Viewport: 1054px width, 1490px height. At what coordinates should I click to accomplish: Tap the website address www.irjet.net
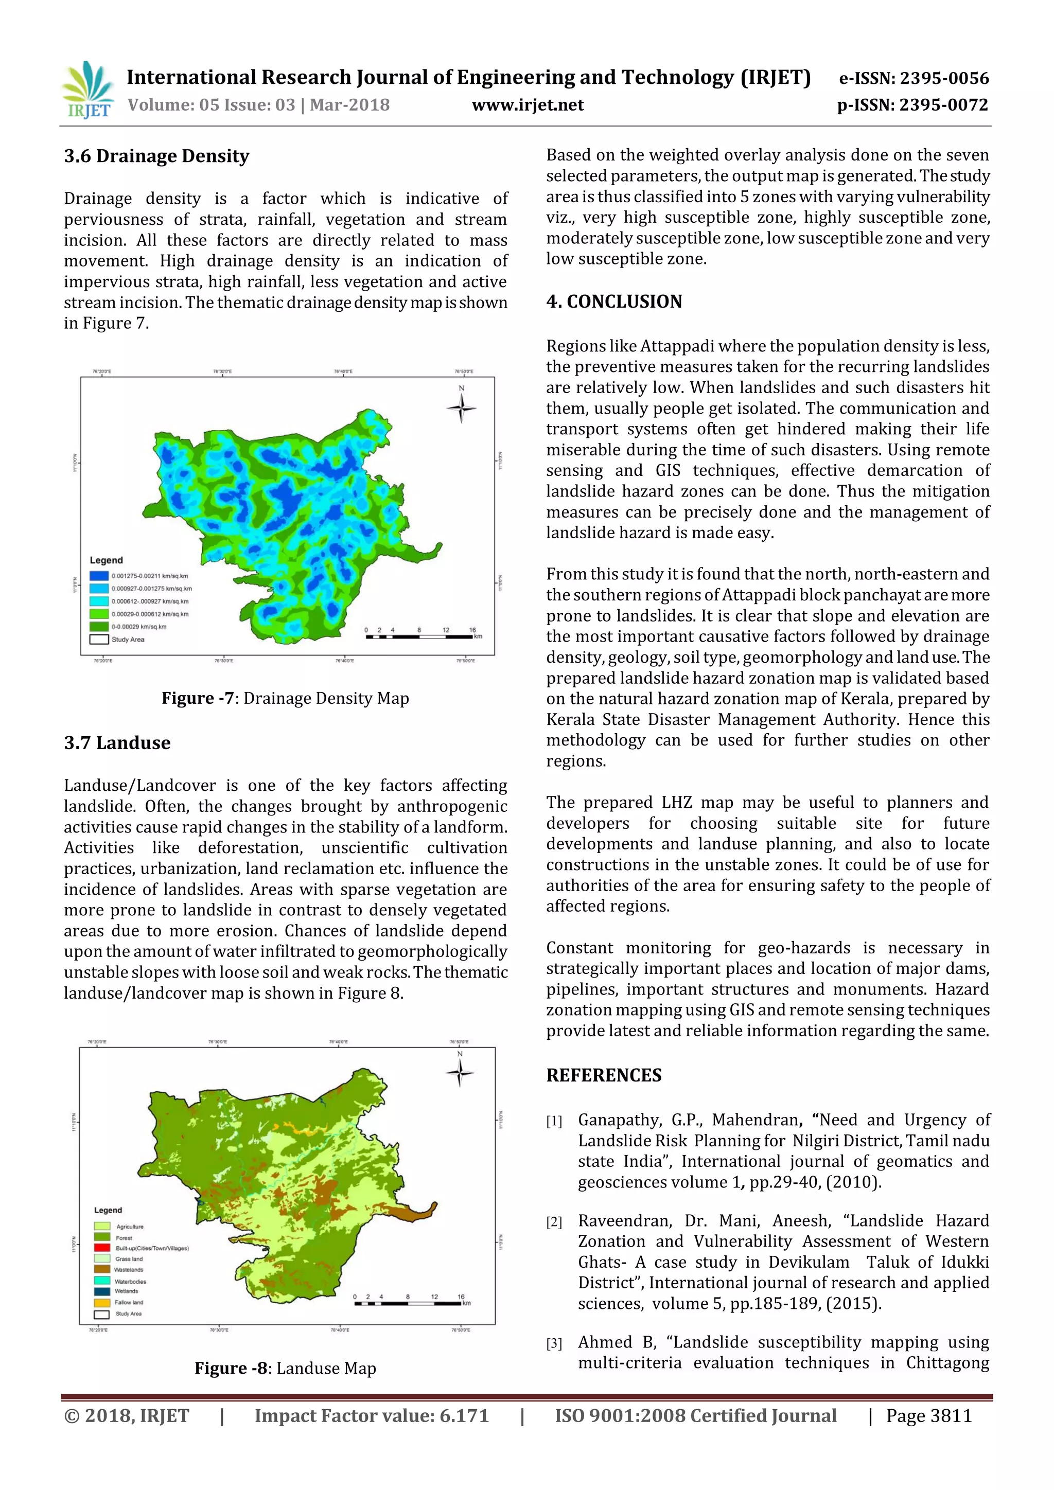528,105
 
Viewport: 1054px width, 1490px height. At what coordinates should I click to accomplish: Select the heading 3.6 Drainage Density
156,156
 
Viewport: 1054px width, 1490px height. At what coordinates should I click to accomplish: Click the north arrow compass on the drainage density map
462,407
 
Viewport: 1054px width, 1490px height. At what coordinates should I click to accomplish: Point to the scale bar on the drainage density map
419,636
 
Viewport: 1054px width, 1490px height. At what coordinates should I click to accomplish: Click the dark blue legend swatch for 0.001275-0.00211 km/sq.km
99,576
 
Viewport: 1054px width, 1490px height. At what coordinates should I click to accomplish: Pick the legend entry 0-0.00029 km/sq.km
138,627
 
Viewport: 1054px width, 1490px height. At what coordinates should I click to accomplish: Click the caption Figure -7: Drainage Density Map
285,698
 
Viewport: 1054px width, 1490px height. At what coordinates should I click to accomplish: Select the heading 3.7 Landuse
117,743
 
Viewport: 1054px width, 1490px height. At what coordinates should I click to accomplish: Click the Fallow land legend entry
129,1302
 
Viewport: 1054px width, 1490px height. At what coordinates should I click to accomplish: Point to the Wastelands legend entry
129,1269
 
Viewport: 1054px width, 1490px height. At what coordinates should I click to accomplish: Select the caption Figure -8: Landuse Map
285,1368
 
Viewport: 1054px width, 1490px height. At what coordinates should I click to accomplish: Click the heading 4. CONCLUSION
614,302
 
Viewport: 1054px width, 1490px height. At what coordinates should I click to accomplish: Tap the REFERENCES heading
604,1076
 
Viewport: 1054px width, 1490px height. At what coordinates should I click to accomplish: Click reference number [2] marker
554,1222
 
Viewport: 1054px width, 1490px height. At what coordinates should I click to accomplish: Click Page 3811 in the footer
929,1416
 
